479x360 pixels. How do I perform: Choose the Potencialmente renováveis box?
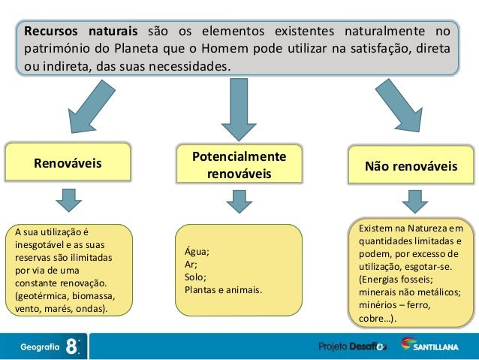coord(239,165)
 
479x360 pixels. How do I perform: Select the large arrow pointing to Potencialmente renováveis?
coord(239,110)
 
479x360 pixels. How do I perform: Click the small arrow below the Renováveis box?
coord(68,199)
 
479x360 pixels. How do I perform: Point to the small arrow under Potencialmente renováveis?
coord(238,200)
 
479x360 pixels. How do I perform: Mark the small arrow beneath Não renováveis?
coord(412,200)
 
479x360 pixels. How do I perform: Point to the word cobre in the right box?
coord(375,319)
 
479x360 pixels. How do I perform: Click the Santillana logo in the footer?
coord(435,346)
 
